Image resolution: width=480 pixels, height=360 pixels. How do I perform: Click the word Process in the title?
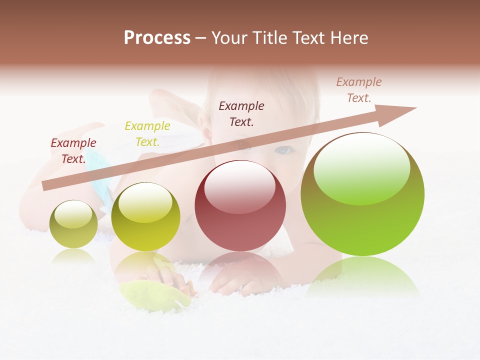[x=157, y=38]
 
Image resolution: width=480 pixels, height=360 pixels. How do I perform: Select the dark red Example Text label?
[x=73, y=151]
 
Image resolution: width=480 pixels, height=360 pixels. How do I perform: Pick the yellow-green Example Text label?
[x=147, y=134]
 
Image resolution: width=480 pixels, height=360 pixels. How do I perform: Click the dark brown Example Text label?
[x=241, y=114]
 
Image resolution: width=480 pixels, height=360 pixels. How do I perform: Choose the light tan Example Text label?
[x=359, y=90]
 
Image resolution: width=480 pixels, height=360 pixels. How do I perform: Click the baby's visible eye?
[x=284, y=149]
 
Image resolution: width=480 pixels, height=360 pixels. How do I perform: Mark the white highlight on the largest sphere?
[x=361, y=167]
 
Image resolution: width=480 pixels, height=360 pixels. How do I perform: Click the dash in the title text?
[x=201, y=38]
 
